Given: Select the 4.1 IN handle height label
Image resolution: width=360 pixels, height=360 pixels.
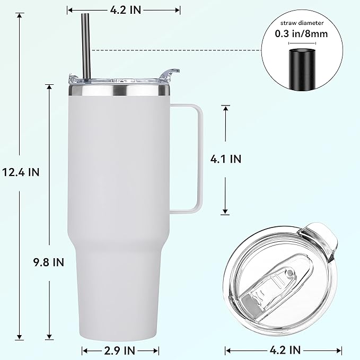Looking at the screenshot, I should point(226,159).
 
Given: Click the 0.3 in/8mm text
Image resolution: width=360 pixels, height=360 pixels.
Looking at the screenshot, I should point(301,33).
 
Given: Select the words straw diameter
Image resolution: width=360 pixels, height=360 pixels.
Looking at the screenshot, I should point(301,22).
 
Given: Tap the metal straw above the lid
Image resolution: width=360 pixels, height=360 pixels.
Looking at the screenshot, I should point(85,42).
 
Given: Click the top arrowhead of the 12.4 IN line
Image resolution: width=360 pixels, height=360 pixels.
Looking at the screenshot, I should point(21,16).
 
